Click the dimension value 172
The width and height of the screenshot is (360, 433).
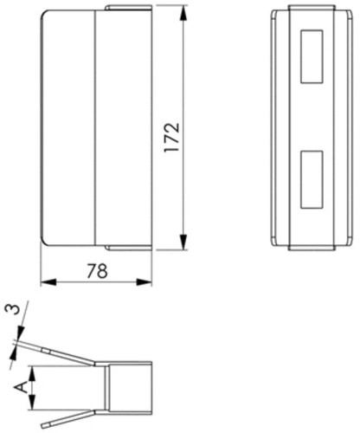click(172, 138)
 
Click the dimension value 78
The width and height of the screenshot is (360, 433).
click(97, 271)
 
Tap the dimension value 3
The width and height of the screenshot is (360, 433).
click(13, 309)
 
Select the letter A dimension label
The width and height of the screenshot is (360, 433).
click(22, 387)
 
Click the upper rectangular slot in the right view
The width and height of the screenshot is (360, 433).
click(312, 56)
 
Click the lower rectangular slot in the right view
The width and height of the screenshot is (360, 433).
click(312, 179)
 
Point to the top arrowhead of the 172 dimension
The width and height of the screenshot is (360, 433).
click(183, 14)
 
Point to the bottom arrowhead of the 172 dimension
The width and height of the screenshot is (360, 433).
click(183, 242)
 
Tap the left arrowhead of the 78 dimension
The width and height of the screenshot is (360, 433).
click(48, 282)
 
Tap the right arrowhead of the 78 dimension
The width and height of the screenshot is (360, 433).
click(144, 282)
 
